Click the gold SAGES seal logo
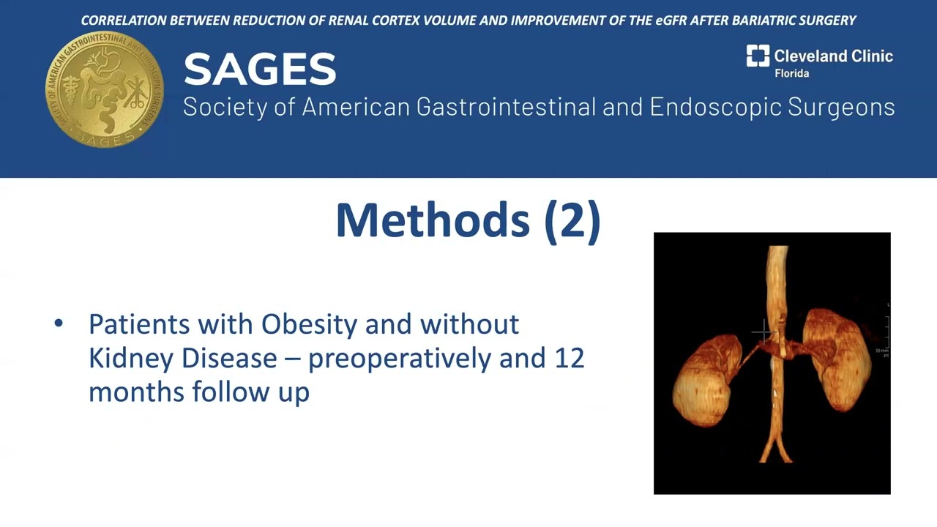coord(105,89)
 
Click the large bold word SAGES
coord(260,70)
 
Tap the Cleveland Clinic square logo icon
coord(758,56)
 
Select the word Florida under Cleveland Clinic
coord(791,74)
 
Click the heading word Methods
coord(433,220)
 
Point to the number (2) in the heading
coord(572,220)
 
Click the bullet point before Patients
coord(59,324)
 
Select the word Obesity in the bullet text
coord(310,324)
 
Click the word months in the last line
coord(136,392)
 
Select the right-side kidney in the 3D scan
coord(836,359)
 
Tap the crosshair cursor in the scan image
coord(764,334)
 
